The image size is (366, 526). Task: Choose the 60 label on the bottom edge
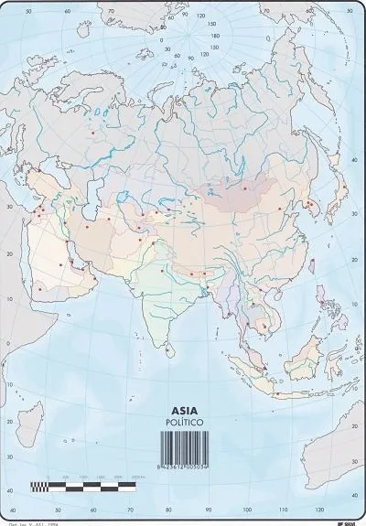point(92,510)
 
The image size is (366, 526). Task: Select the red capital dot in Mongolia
point(245,188)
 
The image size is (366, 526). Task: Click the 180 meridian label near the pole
point(216,36)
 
